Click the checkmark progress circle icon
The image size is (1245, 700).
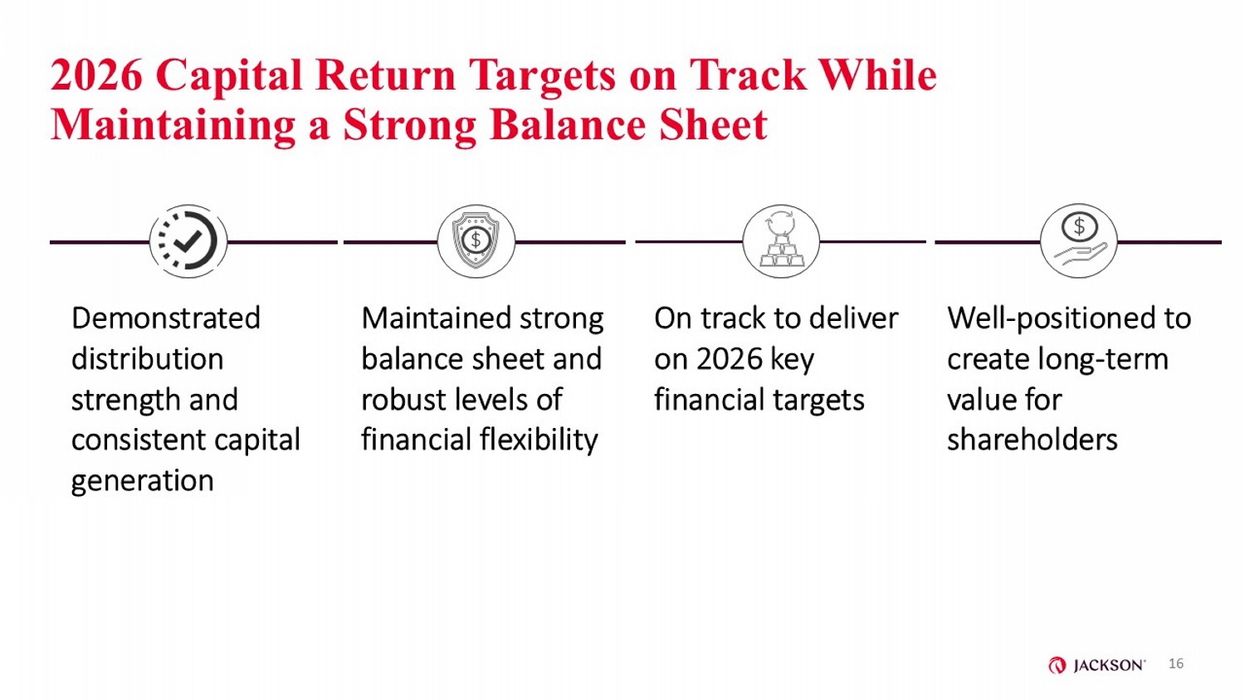[x=188, y=241]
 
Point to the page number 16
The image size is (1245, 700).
[x=1175, y=664]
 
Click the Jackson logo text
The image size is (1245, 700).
[x=1110, y=665]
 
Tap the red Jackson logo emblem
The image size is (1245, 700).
[x=1057, y=665]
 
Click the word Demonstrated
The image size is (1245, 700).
[x=166, y=318]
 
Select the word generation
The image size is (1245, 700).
[x=142, y=481]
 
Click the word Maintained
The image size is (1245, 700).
[x=437, y=318]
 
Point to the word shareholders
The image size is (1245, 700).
[x=1033, y=440]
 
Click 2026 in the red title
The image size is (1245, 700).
[x=97, y=75]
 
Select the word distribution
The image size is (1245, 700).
[x=147, y=359]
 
